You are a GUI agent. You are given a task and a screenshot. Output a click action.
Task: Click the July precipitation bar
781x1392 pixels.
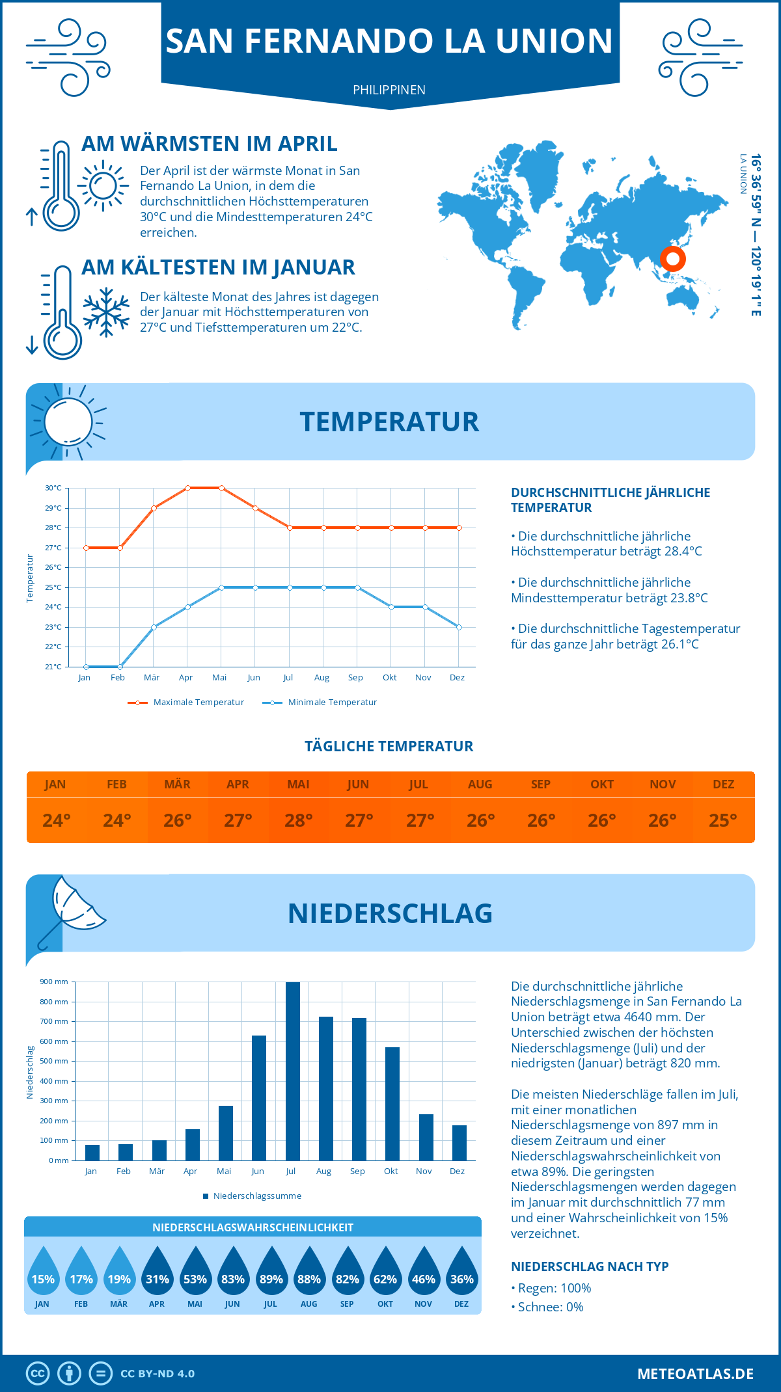tap(293, 1071)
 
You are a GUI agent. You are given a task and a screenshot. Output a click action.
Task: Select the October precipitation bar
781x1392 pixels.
tap(392, 1104)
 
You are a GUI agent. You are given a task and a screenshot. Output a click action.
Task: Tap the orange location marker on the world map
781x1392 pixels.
tap(673, 259)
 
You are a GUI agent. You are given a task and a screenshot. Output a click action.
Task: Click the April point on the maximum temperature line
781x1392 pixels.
tap(187, 488)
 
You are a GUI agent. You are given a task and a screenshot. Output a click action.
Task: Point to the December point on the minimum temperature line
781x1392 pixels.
tap(459, 627)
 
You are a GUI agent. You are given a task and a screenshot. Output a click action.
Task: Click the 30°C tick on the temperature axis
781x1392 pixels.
tap(53, 488)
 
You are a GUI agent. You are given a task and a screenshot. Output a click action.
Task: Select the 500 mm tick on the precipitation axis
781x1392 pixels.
tap(54, 1061)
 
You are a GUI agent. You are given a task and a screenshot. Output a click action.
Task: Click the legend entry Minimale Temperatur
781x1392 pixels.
tap(332, 703)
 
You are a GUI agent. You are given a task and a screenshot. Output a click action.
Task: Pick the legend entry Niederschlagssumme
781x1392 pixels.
tap(256, 1196)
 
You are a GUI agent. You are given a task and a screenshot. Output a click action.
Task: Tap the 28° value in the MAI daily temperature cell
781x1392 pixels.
tap(299, 820)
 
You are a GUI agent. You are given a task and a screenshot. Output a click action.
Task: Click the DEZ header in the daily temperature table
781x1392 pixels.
tap(723, 784)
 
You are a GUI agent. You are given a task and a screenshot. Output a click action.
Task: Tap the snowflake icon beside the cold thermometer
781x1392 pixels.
tap(106, 312)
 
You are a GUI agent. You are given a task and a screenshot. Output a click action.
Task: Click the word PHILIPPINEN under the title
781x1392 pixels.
tap(389, 90)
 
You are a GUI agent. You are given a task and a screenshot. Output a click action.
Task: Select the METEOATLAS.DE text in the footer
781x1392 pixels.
tap(695, 1374)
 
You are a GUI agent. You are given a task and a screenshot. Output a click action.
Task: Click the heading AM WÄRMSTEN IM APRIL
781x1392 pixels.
tap(209, 144)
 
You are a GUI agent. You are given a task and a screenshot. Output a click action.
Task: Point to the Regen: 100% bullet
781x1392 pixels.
tap(554, 1288)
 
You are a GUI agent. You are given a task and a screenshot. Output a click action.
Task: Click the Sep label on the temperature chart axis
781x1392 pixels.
tap(355, 678)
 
